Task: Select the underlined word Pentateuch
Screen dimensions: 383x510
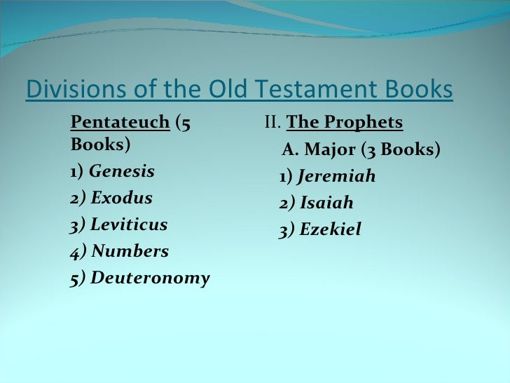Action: click(120, 123)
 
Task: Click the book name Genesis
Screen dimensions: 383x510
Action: click(122, 172)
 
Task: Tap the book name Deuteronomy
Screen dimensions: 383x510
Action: click(150, 278)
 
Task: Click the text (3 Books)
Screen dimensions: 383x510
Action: click(400, 150)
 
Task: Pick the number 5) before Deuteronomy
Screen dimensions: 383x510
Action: click(78, 278)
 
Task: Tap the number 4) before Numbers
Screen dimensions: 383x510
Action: click(78, 251)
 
